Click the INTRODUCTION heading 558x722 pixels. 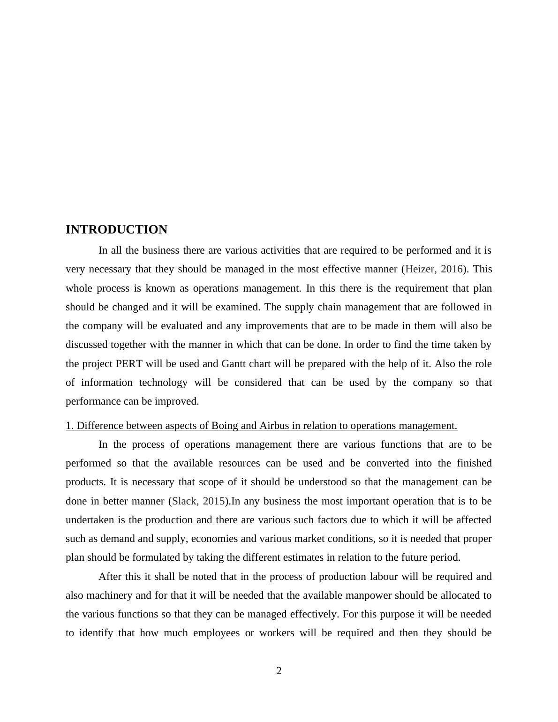click(x=116, y=230)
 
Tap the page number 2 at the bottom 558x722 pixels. click(x=279, y=671)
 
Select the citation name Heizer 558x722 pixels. click(x=420, y=269)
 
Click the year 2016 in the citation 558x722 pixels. click(x=452, y=269)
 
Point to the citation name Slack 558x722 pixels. click(x=184, y=501)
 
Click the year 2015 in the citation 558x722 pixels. click(x=214, y=501)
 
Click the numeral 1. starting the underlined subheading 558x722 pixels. click(x=70, y=426)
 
